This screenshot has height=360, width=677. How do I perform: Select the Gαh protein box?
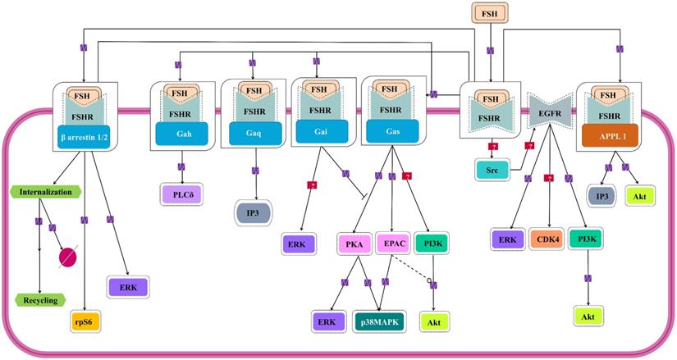point(182,133)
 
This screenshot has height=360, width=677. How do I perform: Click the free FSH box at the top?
point(490,13)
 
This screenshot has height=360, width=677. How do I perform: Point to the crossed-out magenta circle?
point(71,258)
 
